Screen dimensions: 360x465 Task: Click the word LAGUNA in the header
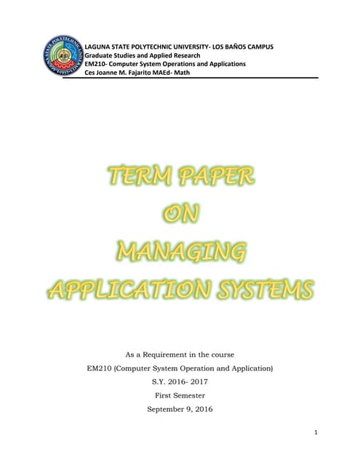(100, 46)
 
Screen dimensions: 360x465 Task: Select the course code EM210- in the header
(97, 64)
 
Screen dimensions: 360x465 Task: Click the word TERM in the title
(137, 176)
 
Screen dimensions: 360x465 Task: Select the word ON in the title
(180, 214)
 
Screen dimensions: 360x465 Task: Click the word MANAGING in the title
(180, 253)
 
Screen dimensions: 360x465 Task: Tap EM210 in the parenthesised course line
(98, 368)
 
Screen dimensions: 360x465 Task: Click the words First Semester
(180, 395)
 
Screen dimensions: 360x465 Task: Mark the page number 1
(316, 433)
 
